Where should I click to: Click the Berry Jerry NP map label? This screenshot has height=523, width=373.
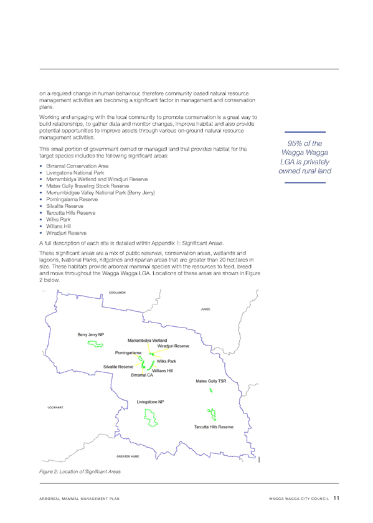pos(91,334)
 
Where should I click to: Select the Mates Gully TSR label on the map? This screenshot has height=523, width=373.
pos(211,381)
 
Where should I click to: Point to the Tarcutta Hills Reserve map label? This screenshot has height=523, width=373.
pos(214,427)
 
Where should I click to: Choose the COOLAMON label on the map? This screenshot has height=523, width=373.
pos(117,293)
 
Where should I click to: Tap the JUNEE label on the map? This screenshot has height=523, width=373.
pos(205,309)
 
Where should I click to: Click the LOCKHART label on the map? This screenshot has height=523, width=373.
pos(55,407)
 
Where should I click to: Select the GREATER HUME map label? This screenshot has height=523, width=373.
pos(128,456)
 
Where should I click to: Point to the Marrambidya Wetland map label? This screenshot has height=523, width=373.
pos(147,341)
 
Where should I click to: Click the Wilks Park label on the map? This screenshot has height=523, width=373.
pos(166,361)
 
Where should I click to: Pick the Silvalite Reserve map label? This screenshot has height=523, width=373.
pos(118,367)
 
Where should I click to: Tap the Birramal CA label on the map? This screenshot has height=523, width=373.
pos(142,375)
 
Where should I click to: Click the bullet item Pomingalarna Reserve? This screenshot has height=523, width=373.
pos(72,199)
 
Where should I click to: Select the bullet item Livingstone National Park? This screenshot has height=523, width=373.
pos(75,173)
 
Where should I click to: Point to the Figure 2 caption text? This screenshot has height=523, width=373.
pos(80,472)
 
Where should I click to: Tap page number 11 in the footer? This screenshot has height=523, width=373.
pos(336,498)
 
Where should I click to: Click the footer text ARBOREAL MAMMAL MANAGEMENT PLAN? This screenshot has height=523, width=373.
pos(80,499)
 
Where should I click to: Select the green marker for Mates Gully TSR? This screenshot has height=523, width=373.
pos(211,390)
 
